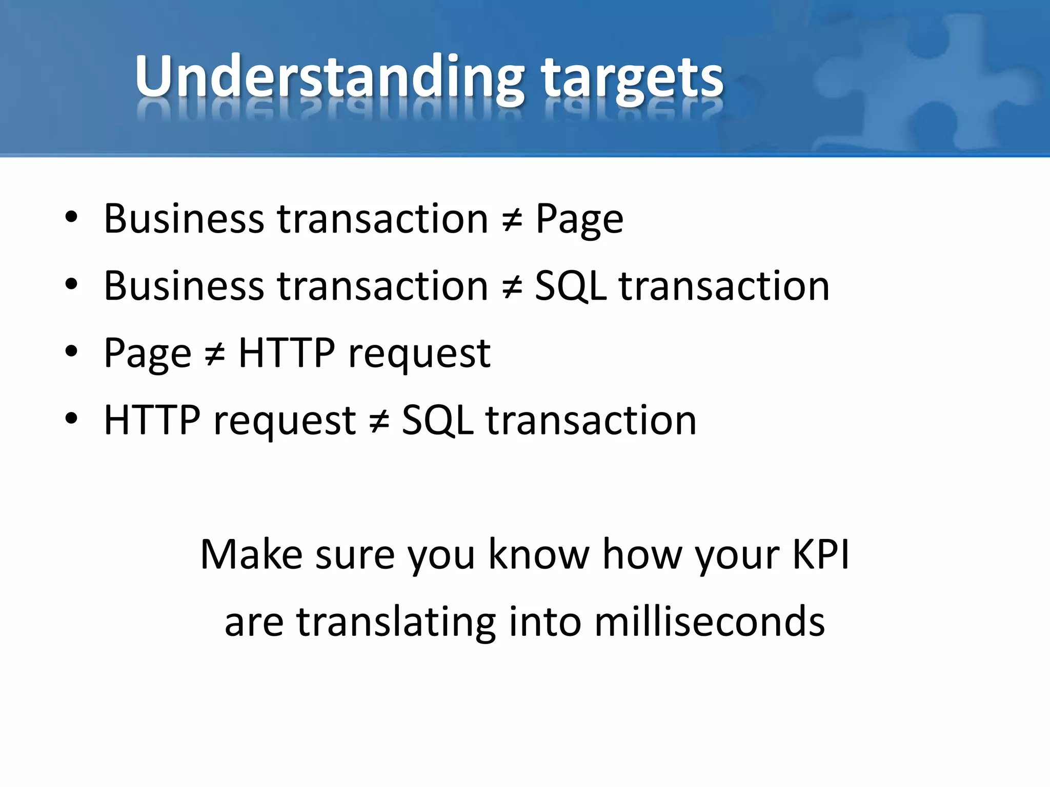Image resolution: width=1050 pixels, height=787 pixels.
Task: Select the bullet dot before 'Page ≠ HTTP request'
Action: (x=71, y=352)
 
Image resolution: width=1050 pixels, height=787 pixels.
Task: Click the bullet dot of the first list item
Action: (x=71, y=218)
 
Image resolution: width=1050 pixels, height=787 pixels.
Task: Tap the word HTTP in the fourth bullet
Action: (x=152, y=420)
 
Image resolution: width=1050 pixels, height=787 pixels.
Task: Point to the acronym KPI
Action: (x=820, y=554)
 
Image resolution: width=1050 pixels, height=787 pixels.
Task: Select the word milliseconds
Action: (x=710, y=622)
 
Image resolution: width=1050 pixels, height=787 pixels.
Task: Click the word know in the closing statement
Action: (x=538, y=554)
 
